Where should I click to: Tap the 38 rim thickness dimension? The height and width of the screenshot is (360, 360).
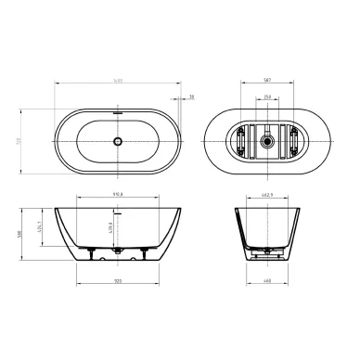pos(191,96)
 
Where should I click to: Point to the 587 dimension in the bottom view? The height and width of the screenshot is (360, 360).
pos(266,81)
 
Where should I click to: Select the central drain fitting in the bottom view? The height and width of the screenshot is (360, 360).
pos(267,142)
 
